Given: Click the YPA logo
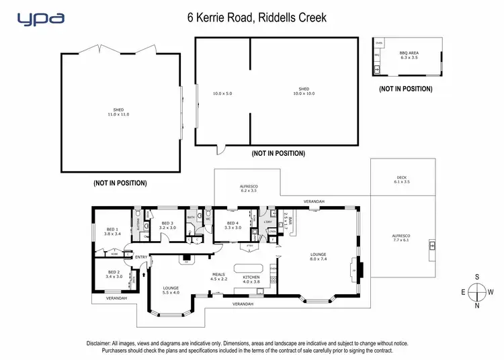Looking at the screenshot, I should [x=41, y=18].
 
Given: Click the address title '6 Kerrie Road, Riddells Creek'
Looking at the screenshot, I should [x=257, y=17].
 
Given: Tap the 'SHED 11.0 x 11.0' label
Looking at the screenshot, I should [x=118, y=112].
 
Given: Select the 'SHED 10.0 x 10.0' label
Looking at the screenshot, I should [x=304, y=91].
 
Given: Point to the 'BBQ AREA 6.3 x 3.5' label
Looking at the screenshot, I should [x=409, y=56].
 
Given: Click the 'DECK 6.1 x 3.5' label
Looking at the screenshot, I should [x=402, y=180].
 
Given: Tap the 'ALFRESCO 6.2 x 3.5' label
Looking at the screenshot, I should [x=249, y=188].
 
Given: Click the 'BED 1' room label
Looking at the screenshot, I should [x=112, y=231].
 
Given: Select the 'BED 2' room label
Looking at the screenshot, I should [x=114, y=274].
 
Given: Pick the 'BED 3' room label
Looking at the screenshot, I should [x=167, y=225].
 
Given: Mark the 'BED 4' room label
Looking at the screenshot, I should [x=233, y=225].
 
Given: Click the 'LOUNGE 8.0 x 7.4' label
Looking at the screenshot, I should [x=318, y=256].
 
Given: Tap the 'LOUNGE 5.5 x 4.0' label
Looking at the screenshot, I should [x=171, y=291].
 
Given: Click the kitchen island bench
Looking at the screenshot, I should [x=250, y=267].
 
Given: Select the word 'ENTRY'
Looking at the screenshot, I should [x=142, y=257].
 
